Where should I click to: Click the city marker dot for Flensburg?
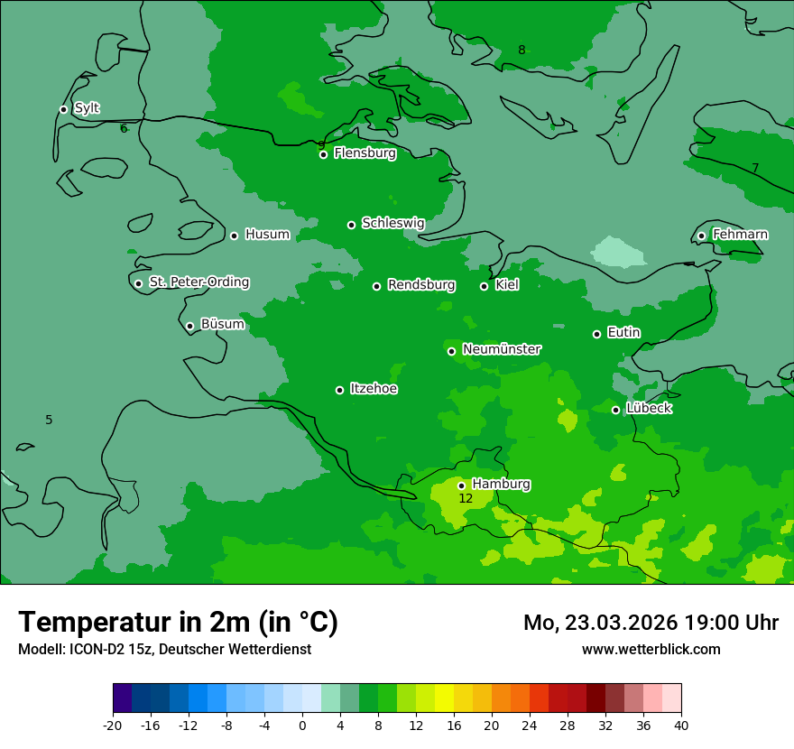(323, 154)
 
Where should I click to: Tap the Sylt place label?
(87, 108)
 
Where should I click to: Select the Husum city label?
(267, 235)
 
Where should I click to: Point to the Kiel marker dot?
(484, 286)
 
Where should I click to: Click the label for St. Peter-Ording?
(198, 282)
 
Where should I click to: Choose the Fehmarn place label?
(740, 235)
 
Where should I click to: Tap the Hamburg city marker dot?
(461, 485)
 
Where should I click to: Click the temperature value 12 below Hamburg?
(466, 498)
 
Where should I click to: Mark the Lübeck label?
(649, 409)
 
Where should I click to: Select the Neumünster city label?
(502, 349)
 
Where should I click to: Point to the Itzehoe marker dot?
(339, 390)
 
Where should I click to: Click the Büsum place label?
(222, 324)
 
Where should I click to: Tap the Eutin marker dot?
(596, 334)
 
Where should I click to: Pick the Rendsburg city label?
(421, 285)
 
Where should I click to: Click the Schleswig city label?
(392, 223)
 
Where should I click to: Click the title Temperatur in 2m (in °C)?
(179, 622)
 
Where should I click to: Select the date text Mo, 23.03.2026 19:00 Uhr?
(651, 623)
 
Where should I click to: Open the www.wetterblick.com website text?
(651, 649)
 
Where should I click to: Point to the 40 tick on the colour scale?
(680, 725)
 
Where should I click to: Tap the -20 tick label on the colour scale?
(113, 725)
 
